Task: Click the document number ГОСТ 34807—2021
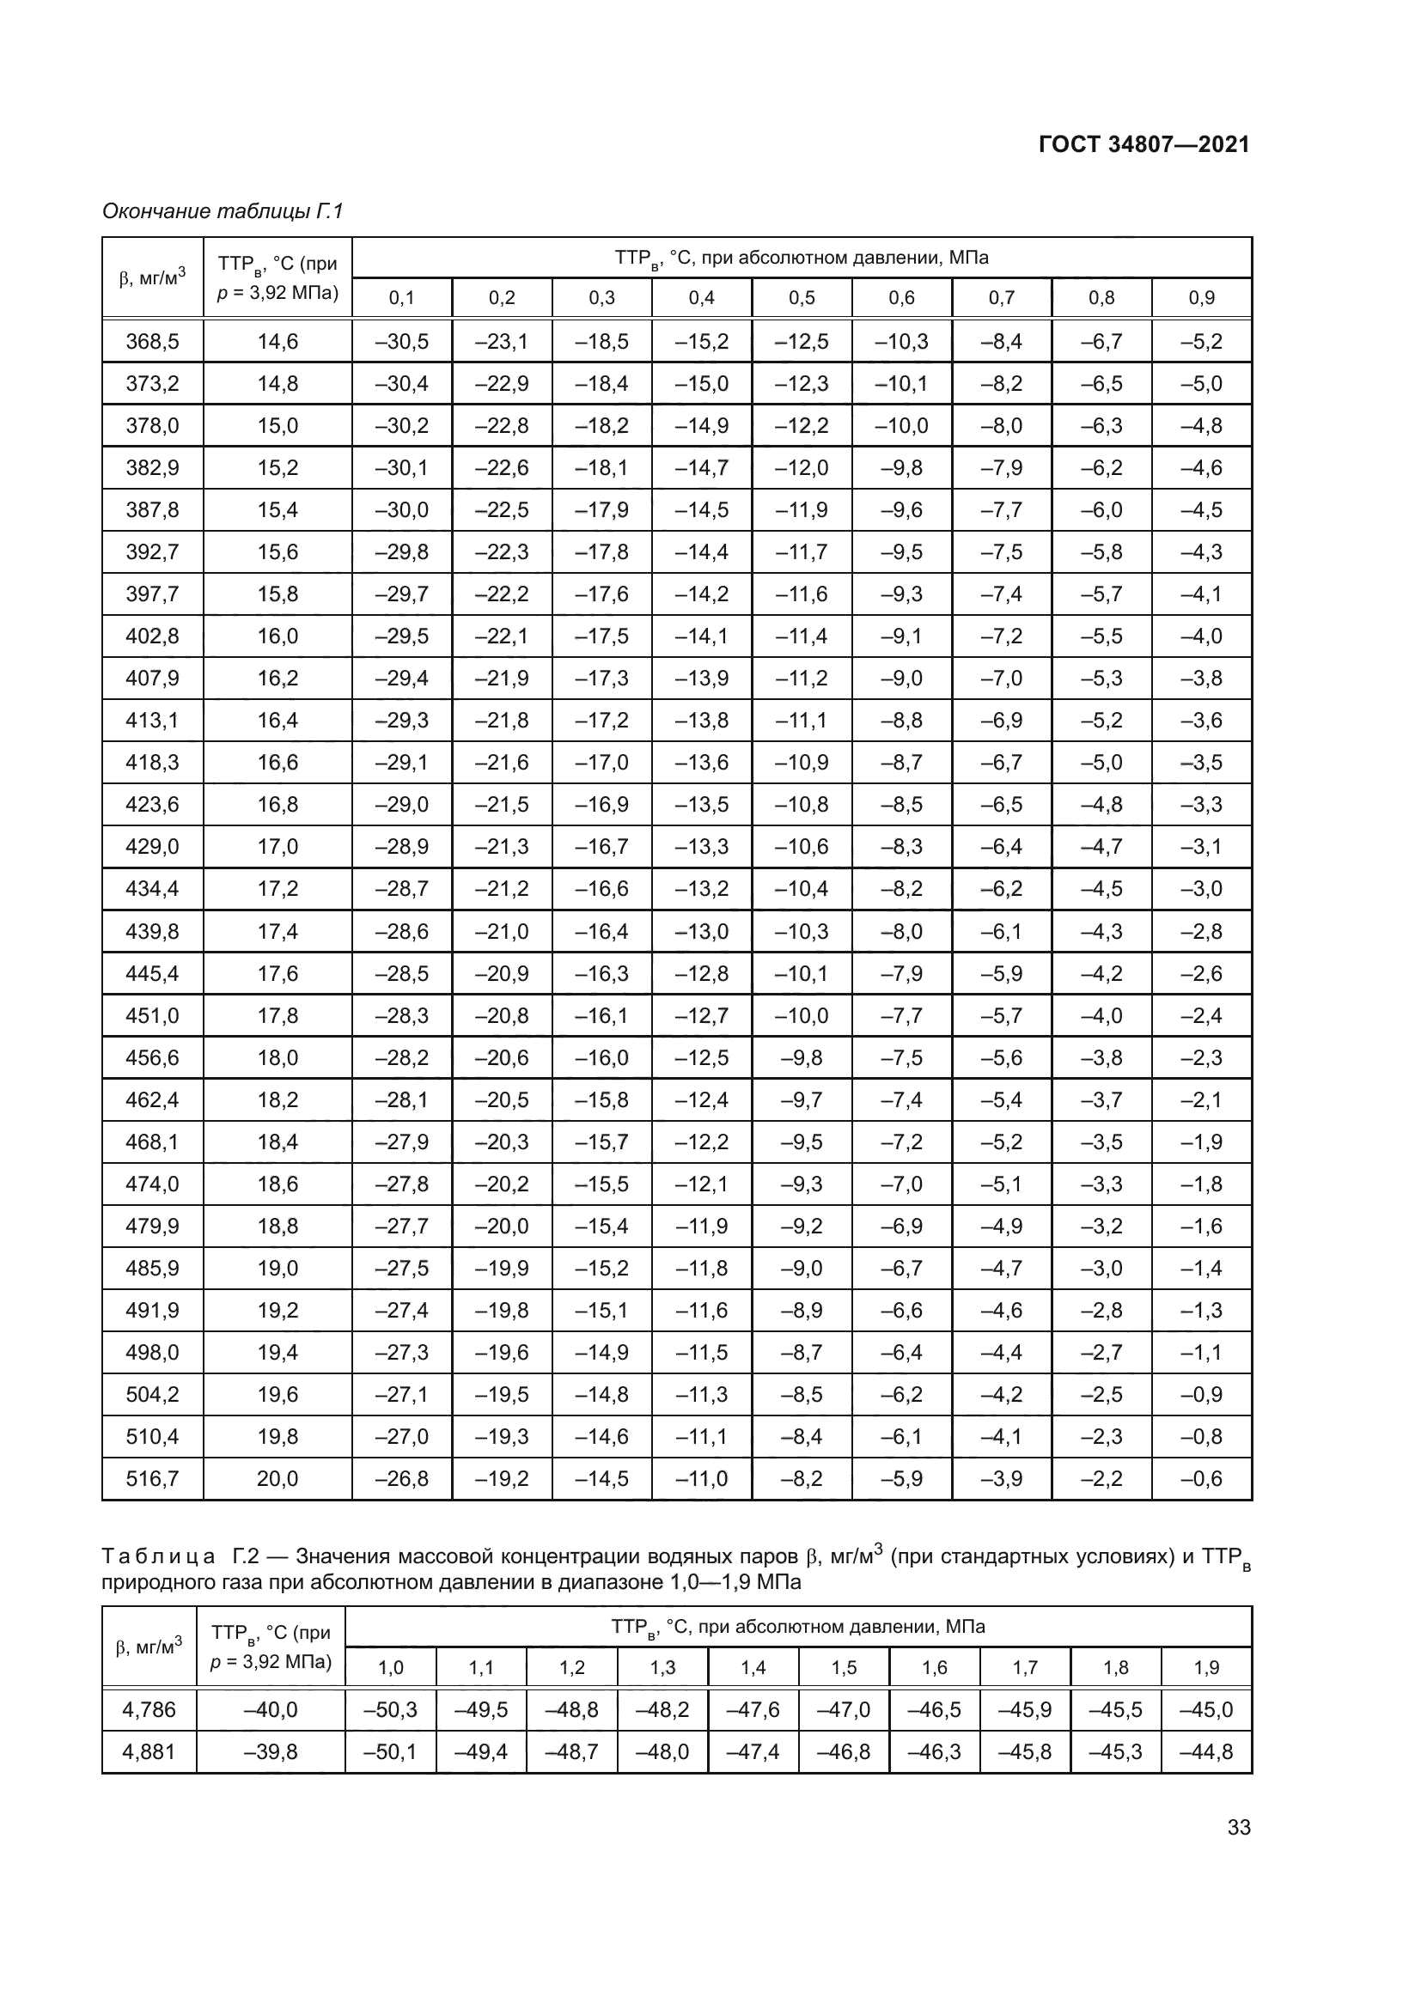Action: coord(1144,144)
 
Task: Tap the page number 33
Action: coord(1239,1827)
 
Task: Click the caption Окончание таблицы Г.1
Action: coord(223,211)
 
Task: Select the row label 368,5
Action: coord(152,341)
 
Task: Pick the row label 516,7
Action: coord(152,1479)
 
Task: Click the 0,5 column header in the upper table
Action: coord(802,298)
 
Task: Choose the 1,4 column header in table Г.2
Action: coord(753,1668)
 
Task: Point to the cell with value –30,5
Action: coord(401,341)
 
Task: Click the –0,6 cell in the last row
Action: coord(1201,1479)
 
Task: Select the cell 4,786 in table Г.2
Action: coord(149,1710)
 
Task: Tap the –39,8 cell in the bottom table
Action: coord(271,1751)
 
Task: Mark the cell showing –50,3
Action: coord(390,1710)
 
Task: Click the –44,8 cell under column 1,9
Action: coord(1205,1751)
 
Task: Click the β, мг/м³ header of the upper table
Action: coord(152,277)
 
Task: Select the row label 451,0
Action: coord(152,1016)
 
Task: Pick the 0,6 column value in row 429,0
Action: coord(901,847)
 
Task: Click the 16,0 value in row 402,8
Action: coord(277,636)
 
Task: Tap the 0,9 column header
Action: coord(1201,298)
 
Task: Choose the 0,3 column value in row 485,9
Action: coord(601,1268)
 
